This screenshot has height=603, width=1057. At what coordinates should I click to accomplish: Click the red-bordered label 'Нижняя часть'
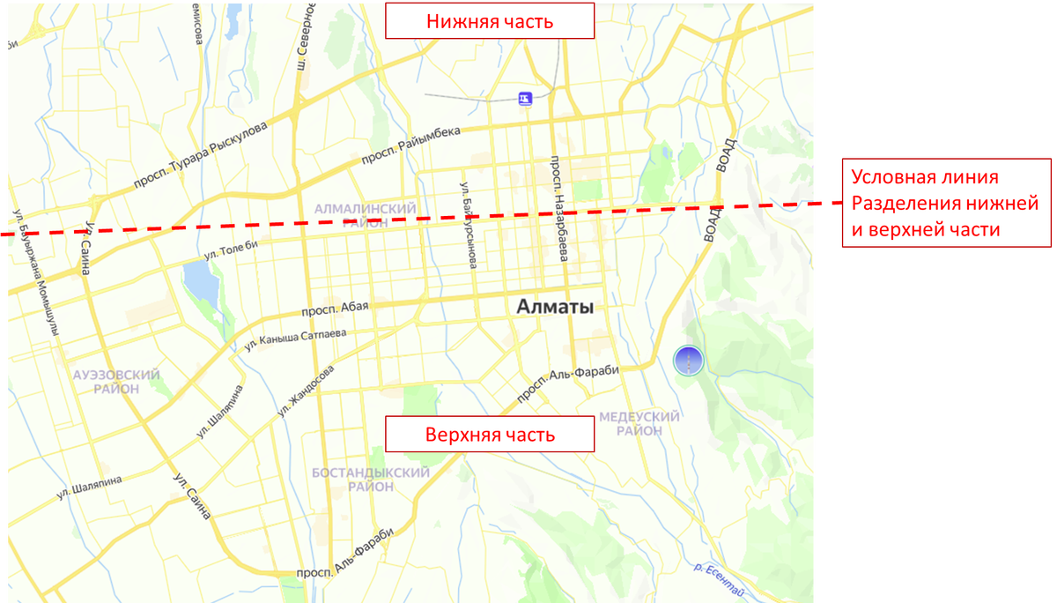click(490, 21)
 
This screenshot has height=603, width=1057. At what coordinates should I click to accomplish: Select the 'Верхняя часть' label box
click(490, 435)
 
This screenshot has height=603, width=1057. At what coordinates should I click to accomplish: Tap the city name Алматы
click(555, 307)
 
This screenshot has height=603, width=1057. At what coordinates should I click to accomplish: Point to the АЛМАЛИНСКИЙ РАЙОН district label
click(364, 215)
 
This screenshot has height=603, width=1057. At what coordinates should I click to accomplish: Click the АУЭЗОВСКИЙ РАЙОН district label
click(117, 382)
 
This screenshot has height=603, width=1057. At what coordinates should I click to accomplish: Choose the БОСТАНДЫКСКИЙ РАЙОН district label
click(371, 480)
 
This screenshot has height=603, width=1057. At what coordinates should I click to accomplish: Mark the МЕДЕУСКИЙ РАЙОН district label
click(639, 423)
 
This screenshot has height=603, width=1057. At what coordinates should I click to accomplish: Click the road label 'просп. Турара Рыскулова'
click(200, 156)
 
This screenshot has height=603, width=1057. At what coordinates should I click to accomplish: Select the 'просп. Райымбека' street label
click(410, 146)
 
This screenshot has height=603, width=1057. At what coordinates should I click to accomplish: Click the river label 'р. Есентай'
click(719, 573)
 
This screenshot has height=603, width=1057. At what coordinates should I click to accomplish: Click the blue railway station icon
click(525, 99)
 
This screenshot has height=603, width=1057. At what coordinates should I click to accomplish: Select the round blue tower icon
click(688, 360)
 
